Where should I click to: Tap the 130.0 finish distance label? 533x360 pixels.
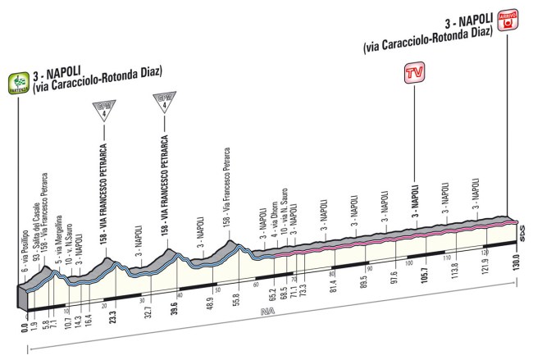(517, 309)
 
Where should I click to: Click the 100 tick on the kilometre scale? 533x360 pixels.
(408, 262)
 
